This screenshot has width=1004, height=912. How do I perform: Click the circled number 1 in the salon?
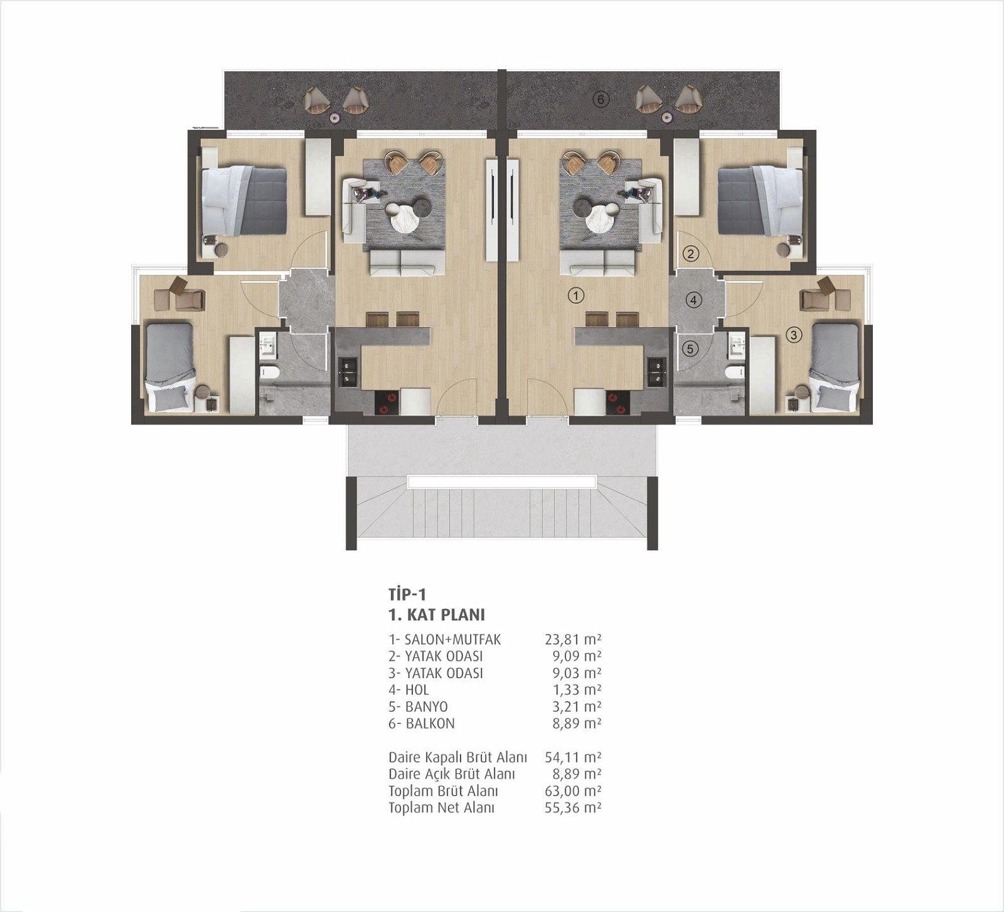576,295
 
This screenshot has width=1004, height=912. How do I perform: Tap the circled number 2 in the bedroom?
690,255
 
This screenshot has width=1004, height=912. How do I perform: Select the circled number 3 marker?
794,335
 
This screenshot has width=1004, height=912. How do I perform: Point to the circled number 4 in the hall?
694,300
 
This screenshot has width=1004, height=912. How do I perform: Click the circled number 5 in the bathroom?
690,348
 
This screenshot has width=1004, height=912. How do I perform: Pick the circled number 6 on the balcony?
601,99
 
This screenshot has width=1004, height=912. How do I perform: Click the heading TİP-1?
407,594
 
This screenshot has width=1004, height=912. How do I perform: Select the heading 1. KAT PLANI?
436,615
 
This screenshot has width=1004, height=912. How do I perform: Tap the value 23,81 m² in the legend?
573,639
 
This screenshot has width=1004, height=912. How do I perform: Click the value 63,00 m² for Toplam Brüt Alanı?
573,790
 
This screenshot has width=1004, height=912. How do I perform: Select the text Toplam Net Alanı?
442,807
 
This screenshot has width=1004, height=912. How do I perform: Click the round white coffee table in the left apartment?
404,218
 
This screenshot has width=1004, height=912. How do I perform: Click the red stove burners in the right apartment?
616,403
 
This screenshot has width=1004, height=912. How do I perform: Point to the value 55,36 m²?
573,807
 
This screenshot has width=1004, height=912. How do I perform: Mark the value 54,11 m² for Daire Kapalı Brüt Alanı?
573,757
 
